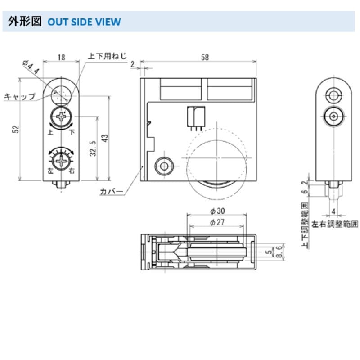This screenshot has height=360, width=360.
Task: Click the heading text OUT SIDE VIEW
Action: (x=84, y=22)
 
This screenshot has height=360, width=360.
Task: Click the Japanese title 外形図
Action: (x=25, y=22)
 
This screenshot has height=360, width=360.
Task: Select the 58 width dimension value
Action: (x=205, y=57)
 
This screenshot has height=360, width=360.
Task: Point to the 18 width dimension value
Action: (x=62, y=57)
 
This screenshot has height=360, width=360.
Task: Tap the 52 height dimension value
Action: (x=16, y=129)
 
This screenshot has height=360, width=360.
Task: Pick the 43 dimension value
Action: (x=105, y=138)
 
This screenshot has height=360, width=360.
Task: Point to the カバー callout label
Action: (x=112, y=192)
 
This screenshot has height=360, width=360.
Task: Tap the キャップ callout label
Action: (x=19, y=96)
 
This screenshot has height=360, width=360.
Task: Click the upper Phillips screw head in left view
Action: (x=62, y=117)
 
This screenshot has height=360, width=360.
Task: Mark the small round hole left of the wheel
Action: (x=163, y=166)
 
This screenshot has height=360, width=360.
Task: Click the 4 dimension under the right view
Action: (x=333, y=211)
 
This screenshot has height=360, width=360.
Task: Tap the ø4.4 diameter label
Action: (x=31, y=68)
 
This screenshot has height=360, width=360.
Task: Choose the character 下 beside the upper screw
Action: (x=72, y=132)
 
